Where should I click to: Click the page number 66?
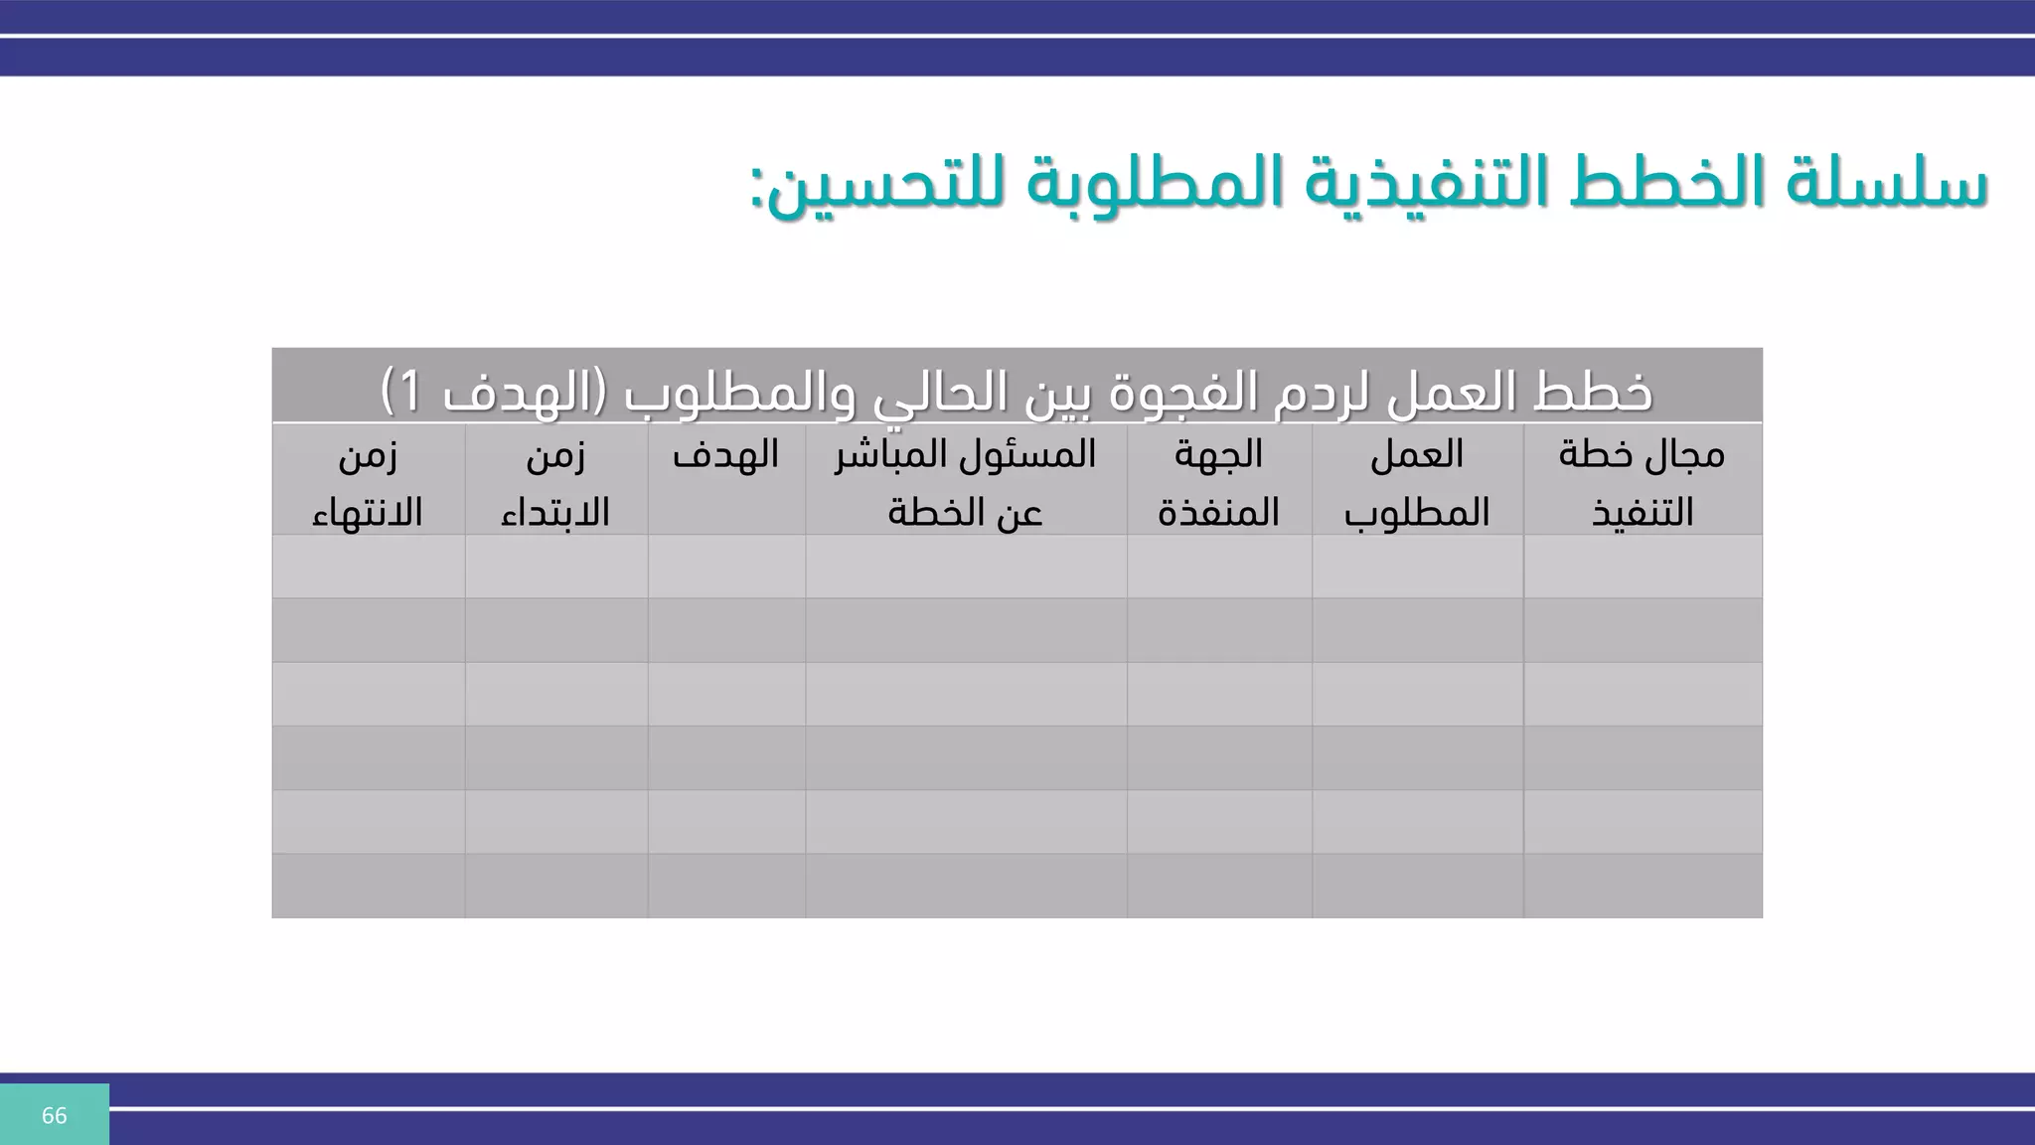coord(54,1115)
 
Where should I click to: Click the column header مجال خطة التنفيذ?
coord(1642,483)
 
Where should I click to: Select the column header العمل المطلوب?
coord(1417,483)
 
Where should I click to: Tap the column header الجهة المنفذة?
coord(1218,483)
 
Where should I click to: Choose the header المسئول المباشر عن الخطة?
coord(965,483)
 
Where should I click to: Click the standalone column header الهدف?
coord(725,455)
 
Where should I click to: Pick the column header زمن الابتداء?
coord(555,483)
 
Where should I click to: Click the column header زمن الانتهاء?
coord(368,483)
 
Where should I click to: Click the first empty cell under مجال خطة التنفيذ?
coord(1642,567)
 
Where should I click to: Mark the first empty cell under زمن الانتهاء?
coord(368,567)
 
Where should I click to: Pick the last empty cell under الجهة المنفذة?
coord(1218,886)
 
